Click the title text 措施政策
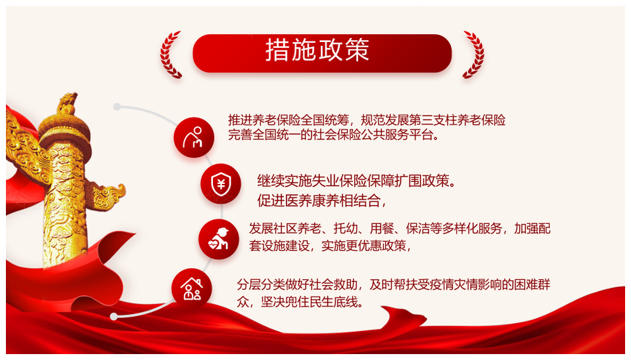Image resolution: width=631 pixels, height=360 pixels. coord(317,51)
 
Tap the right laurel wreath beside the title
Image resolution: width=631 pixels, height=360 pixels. coord(475,55)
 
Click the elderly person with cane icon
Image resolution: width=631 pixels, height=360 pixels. coord(193,137)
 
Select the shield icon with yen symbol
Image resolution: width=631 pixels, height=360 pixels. coord(221,183)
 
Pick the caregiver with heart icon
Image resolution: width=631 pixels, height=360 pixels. coord(218,239)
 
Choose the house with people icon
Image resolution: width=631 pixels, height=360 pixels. coord(191,288)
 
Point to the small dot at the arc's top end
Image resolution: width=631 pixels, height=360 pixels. coord(117,106)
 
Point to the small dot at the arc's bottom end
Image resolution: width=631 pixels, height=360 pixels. coord(114,317)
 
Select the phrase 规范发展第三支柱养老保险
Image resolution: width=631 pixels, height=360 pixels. coord(433,120)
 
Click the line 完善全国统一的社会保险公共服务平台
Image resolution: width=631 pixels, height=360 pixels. coord(334,135)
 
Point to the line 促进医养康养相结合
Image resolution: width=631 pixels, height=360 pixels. coord(321,200)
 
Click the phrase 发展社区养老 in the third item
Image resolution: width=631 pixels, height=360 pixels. coord(285,229)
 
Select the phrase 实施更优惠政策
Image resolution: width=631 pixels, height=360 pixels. coord(366,245)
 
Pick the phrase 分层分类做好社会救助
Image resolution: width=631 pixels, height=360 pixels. coord(297,284)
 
